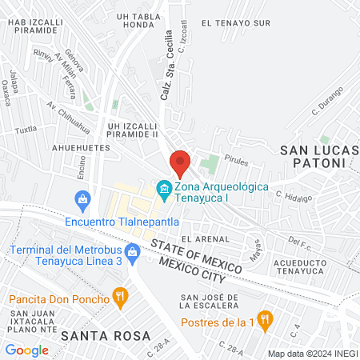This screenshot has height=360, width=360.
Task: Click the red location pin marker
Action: point(180,162)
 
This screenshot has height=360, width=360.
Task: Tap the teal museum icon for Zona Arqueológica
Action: point(164,190)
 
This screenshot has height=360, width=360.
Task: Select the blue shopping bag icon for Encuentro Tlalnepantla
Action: point(81,198)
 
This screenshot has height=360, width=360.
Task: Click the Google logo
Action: point(26,350)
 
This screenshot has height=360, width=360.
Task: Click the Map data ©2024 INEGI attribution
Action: point(311,353)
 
